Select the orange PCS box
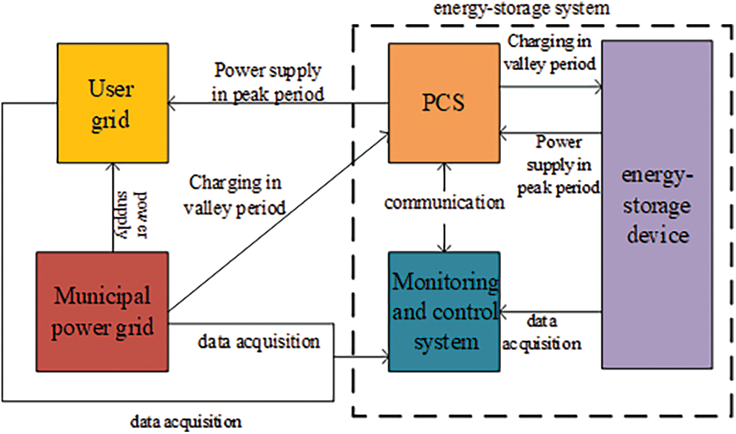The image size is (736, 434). [x=443, y=103]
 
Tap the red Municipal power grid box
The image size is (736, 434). [x=102, y=311]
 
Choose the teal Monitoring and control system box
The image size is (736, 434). [x=444, y=312]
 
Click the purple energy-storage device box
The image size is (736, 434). [x=656, y=204]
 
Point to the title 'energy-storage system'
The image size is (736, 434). [x=523, y=10]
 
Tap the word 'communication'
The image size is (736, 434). [x=444, y=202]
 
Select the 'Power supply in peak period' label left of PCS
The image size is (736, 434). [x=269, y=83]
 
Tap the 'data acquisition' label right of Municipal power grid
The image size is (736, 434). [x=258, y=342]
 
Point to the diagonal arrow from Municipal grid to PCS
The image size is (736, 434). [x=278, y=222]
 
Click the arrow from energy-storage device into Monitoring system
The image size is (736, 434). [x=552, y=311]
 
